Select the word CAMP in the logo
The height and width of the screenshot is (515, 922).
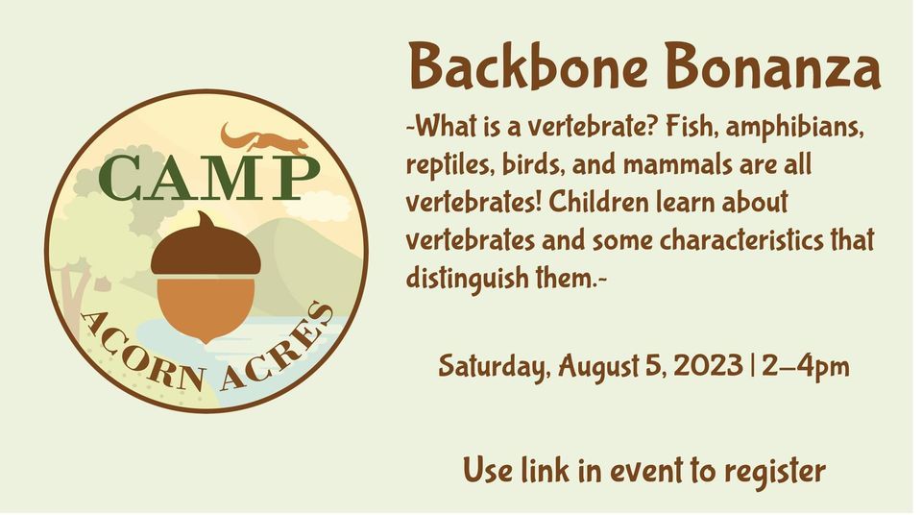(x=207, y=179)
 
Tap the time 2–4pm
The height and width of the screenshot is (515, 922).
(x=805, y=366)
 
